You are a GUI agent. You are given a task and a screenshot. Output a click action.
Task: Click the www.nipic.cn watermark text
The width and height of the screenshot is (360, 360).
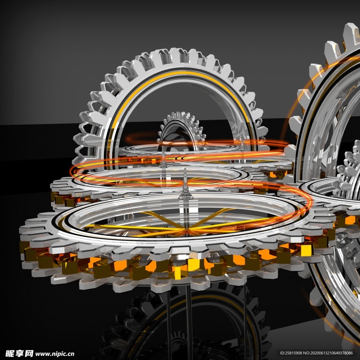[54, 354]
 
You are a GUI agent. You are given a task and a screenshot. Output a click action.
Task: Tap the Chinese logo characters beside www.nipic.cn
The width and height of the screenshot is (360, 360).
[19, 354]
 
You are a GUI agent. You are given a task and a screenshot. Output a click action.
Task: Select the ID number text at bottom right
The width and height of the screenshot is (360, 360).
[316, 353]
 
